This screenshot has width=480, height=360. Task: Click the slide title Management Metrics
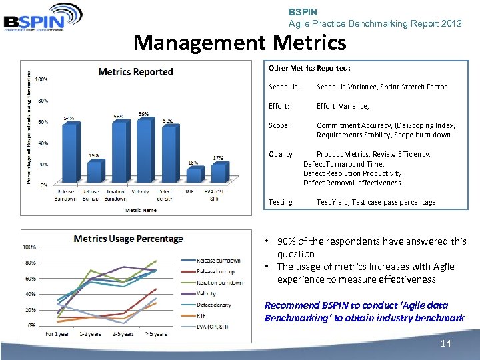click(240, 43)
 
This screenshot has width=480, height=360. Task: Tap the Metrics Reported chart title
click(135, 72)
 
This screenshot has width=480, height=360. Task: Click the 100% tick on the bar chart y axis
click(41, 79)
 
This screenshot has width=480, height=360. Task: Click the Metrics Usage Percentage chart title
click(128, 239)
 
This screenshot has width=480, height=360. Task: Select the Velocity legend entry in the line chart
click(207, 293)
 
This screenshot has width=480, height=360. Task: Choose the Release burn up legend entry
click(215, 271)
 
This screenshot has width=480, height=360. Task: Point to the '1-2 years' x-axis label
click(90, 333)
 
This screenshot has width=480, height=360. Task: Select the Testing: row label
click(281, 202)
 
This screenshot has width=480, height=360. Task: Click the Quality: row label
click(281, 154)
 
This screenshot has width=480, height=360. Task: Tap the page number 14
click(446, 343)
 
